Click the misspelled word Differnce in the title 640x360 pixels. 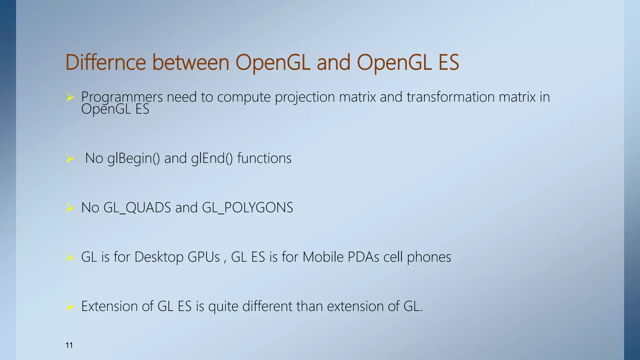click(x=106, y=62)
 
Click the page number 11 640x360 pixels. click(x=69, y=345)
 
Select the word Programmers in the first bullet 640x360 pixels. click(x=122, y=97)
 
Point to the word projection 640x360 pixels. click(x=305, y=97)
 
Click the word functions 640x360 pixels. click(x=264, y=158)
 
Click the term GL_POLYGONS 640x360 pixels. click(x=247, y=207)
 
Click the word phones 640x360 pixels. click(x=429, y=257)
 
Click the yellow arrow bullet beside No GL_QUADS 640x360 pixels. click(x=70, y=207)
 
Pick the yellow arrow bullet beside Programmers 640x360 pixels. click(x=70, y=97)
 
